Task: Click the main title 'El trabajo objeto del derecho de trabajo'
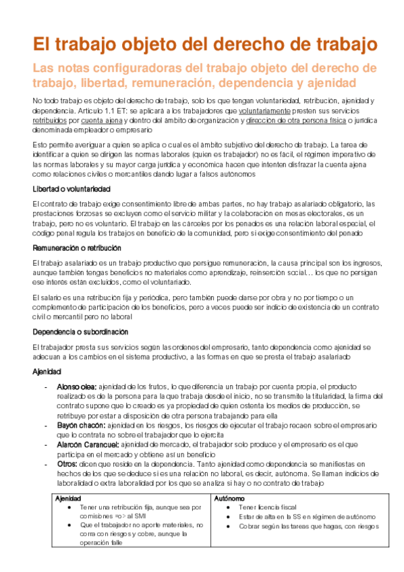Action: click(205, 45)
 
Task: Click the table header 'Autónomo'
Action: click(228, 497)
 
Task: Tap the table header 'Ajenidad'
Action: click(68, 497)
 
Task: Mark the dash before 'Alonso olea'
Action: click(45, 387)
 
